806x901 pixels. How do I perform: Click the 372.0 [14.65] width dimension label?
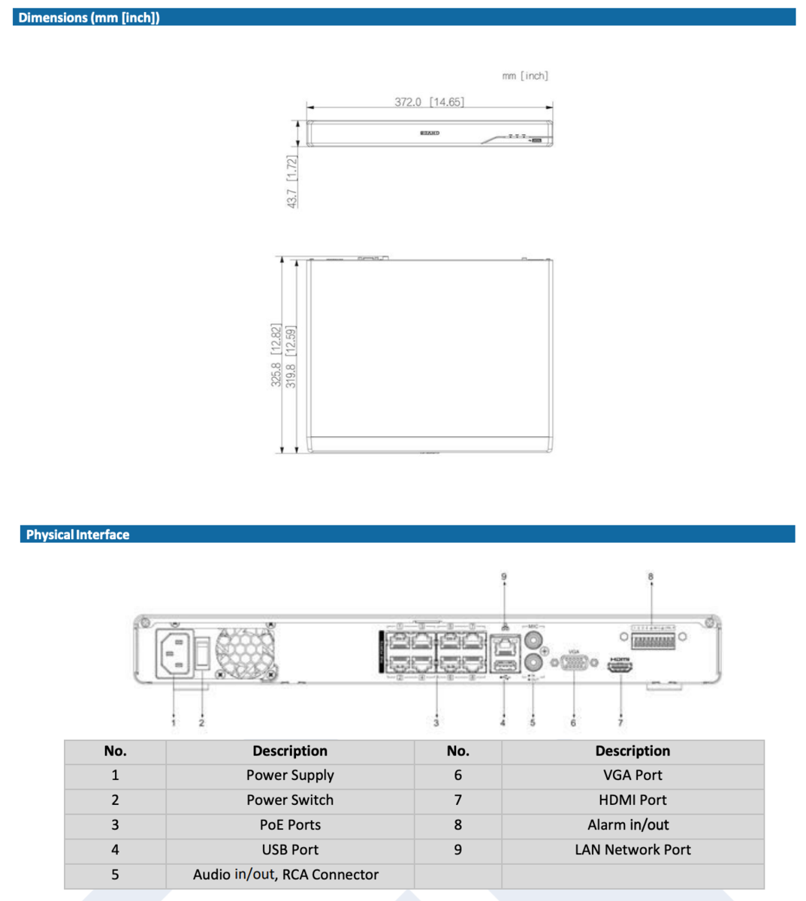click(x=429, y=101)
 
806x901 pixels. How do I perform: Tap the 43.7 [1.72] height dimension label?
click(x=292, y=181)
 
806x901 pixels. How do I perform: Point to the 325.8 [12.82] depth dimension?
click(x=276, y=355)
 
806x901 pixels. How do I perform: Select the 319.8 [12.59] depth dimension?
click(x=291, y=355)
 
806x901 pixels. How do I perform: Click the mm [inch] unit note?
click(x=525, y=76)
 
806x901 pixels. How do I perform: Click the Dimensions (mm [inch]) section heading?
click(x=89, y=17)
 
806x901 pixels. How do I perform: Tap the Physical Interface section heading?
click(x=77, y=535)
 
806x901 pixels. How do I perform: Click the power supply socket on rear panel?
click(x=174, y=653)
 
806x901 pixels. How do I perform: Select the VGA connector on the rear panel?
click(x=574, y=663)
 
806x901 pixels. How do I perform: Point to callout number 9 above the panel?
click(x=504, y=577)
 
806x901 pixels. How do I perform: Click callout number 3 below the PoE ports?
click(x=436, y=722)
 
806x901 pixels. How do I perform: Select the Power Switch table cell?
click(x=290, y=800)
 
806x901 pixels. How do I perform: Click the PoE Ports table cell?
click(x=290, y=824)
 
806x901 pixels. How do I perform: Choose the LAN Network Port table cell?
click(x=632, y=849)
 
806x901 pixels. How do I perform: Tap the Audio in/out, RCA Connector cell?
click(x=285, y=875)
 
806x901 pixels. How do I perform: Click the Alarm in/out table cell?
click(x=628, y=824)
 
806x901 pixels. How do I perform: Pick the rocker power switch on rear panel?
click(x=203, y=652)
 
